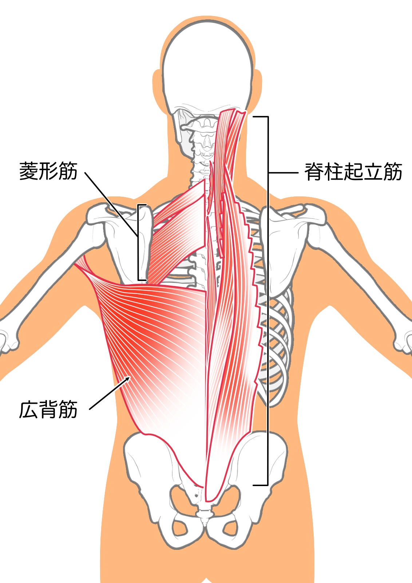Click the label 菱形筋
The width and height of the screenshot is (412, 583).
point(48,171)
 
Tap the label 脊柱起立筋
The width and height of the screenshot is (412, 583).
point(353,172)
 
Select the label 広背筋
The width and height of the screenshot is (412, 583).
point(48,410)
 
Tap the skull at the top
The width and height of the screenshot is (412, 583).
point(208,68)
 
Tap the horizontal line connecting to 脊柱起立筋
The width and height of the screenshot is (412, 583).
point(283,172)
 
